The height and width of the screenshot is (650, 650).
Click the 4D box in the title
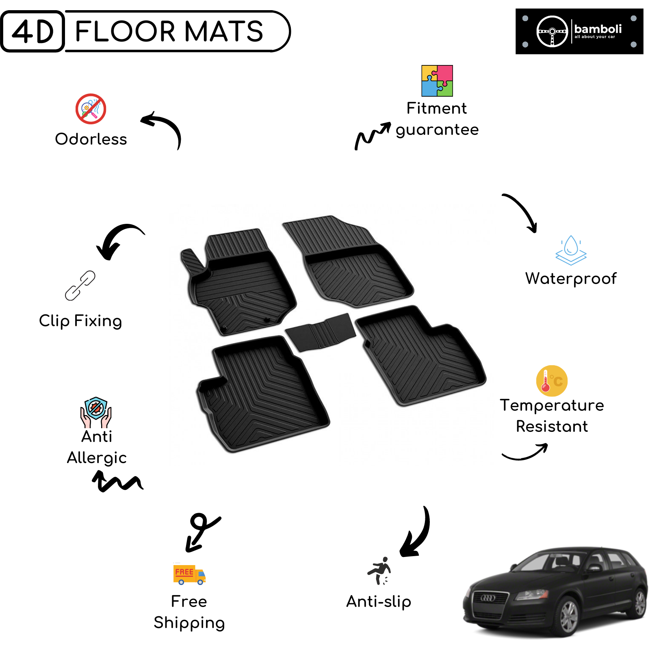32,31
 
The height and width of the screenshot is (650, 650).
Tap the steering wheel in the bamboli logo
552,31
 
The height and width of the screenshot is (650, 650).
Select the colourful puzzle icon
437,81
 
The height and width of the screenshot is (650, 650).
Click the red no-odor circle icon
91,109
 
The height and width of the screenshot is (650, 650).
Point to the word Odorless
91,139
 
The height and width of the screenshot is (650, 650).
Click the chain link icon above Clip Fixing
80,286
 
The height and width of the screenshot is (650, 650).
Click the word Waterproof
571,279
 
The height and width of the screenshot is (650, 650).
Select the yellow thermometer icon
552,381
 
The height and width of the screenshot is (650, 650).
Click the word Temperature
552,405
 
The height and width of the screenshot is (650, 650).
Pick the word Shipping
189,623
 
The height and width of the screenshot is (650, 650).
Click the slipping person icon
379,571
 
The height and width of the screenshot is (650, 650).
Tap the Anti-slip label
379,602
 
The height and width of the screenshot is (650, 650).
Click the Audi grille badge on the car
487,598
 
